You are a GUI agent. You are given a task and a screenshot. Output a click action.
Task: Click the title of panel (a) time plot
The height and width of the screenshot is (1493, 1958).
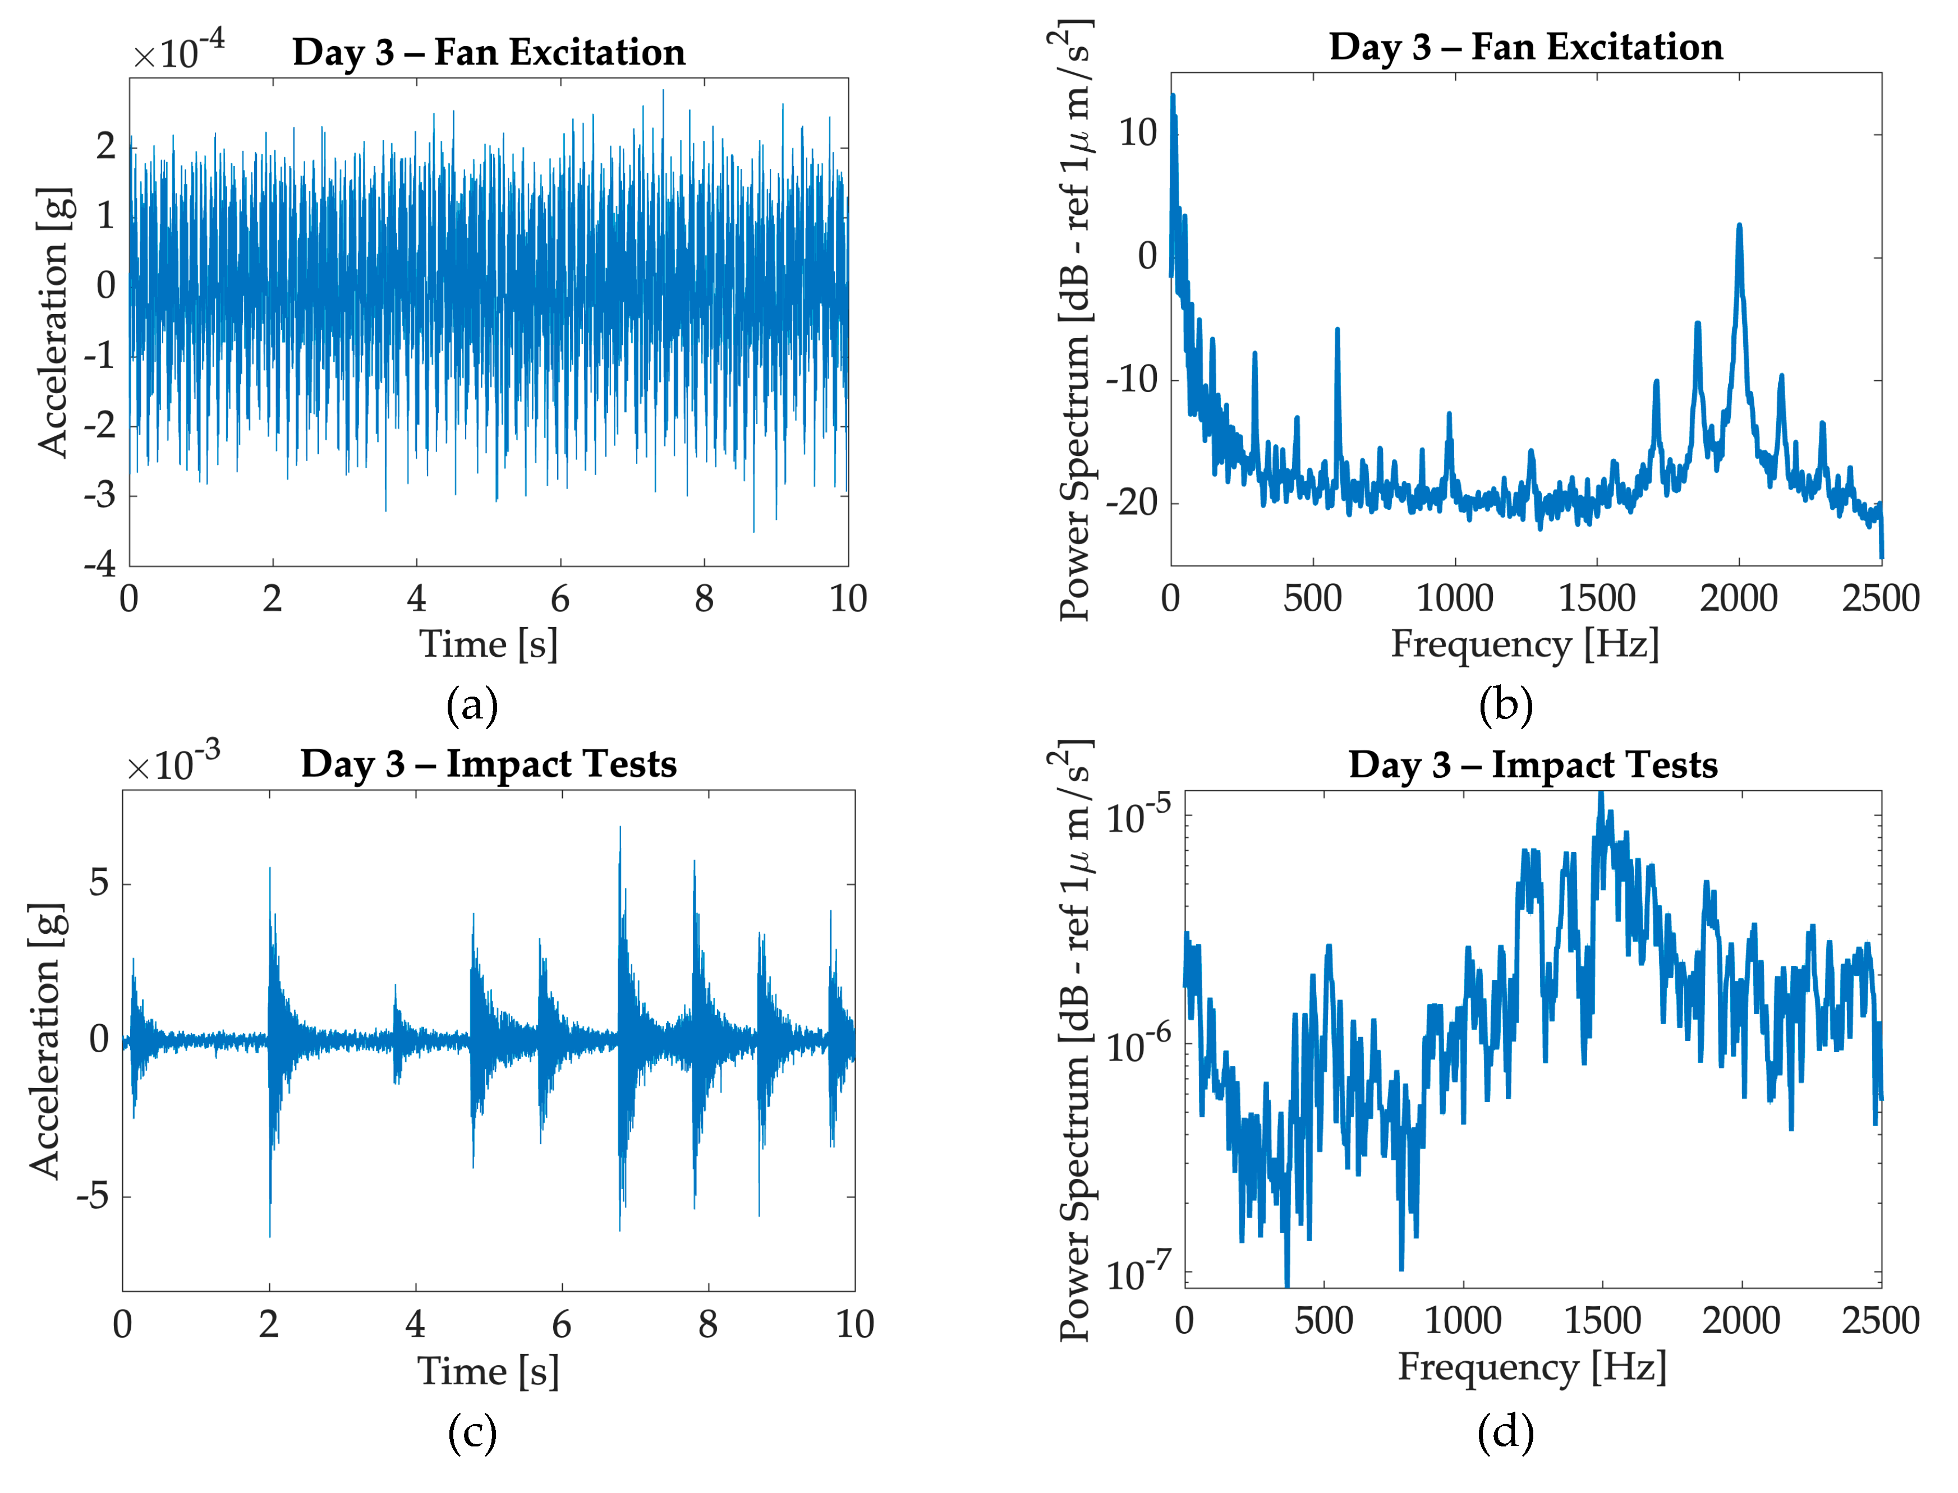489,52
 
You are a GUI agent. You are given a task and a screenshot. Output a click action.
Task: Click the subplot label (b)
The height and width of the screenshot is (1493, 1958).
1506,705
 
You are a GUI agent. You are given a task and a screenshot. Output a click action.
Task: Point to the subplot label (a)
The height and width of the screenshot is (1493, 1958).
472,705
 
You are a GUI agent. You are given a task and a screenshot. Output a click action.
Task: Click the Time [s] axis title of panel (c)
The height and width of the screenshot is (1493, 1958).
489,1371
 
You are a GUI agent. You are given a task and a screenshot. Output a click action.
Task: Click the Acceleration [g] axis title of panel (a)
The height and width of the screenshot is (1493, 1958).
53,322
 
